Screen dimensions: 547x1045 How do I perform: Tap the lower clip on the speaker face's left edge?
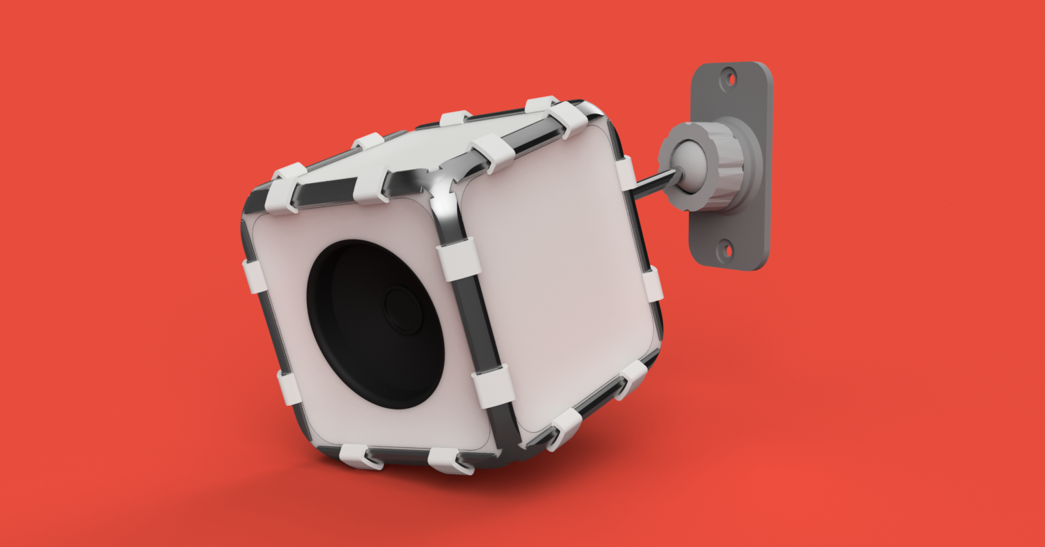coord(289,387)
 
